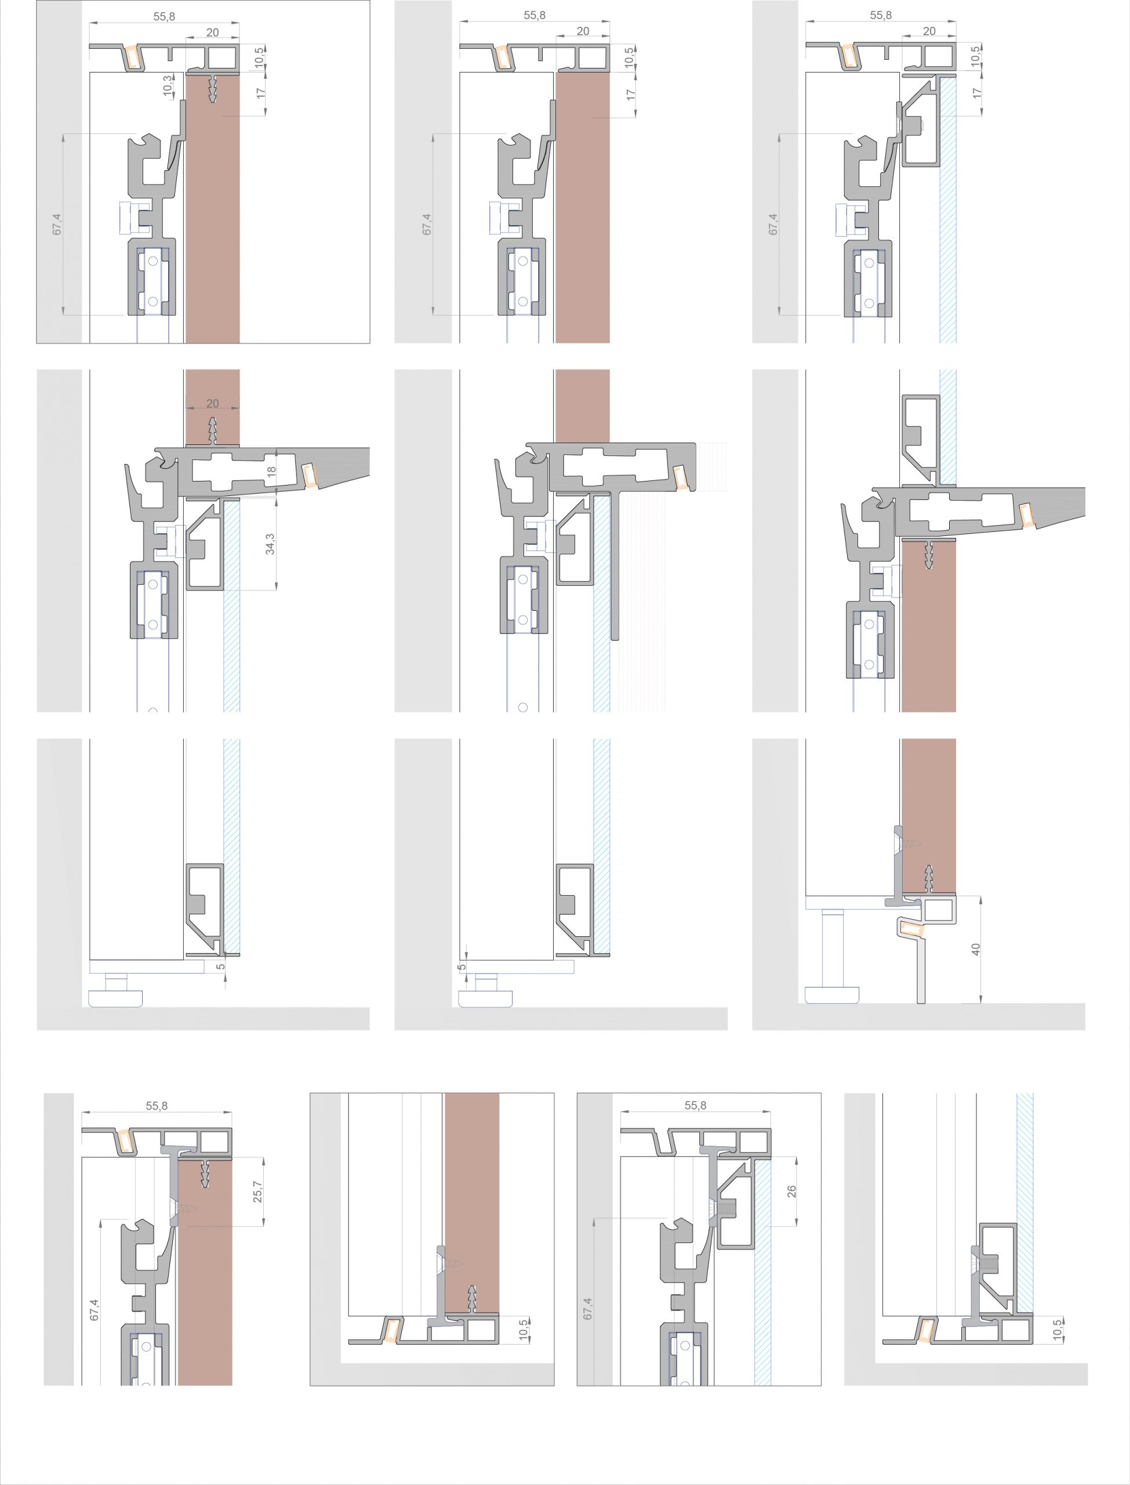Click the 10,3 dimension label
pyautogui.click(x=168, y=86)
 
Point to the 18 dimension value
pyautogui.click(x=272, y=472)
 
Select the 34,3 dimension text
pyautogui.click(x=270, y=544)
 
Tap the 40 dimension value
pyautogui.click(x=976, y=950)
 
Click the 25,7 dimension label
pyautogui.click(x=257, y=1192)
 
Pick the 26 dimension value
pyautogui.click(x=791, y=1191)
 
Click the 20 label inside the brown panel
pyautogui.click(x=213, y=404)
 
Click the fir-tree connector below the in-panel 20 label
pyautogui.click(x=213, y=430)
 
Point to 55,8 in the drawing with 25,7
pyautogui.click(x=157, y=1106)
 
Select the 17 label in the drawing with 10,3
pyautogui.click(x=261, y=93)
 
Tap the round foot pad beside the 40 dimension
pyautogui.click(x=833, y=992)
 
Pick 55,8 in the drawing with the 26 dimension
pyautogui.click(x=696, y=1106)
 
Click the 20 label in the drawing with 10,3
pyautogui.click(x=213, y=32)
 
